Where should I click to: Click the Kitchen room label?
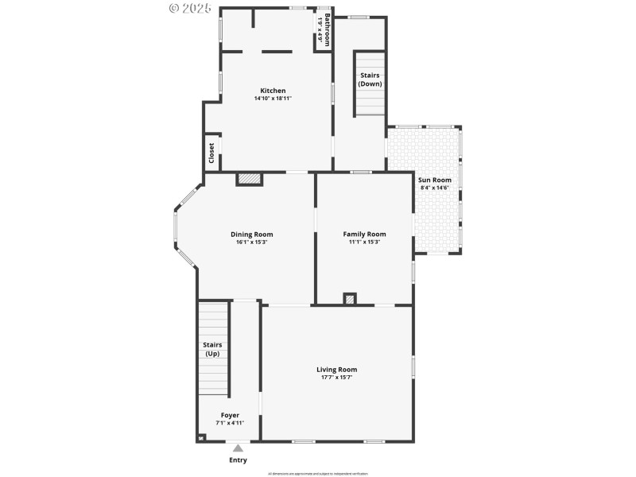[x=273, y=91]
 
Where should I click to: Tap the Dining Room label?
[x=251, y=234]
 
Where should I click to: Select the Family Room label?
[x=364, y=234]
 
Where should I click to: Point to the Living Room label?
[x=336, y=369]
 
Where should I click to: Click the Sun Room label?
[x=435, y=180]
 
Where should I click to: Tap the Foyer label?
[x=230, y=415]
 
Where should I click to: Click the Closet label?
[x=211, y=153]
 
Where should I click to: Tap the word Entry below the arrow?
[x=238, y=460]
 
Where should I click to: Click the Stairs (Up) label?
[x=212, y=349]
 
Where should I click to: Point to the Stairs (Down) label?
[x=370, y=79]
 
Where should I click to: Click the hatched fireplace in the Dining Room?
[x=249, y=180]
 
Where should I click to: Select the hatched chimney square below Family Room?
[x=350, y=299]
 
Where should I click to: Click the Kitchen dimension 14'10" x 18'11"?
[x=273, y=99]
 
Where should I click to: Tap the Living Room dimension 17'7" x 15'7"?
[x=336, y=377]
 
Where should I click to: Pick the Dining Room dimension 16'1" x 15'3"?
[x=251, y=242]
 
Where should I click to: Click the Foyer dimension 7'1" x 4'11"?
[x=230, y=423]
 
